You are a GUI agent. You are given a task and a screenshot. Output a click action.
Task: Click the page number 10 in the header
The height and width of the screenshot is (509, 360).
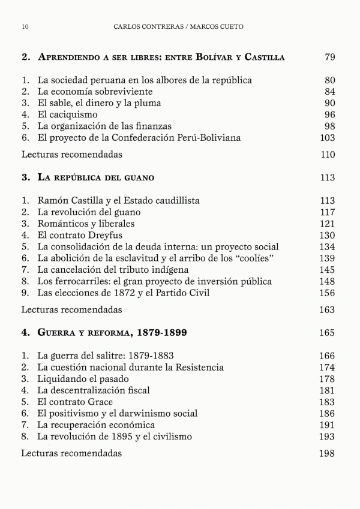[25, 27]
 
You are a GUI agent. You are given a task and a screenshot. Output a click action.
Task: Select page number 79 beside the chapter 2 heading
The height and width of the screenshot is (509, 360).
[329, 58]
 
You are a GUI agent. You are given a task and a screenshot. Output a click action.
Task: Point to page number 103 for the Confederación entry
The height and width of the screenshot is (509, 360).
[327, 138]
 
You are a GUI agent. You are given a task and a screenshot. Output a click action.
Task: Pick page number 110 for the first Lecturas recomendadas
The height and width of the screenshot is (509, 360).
[327, 155]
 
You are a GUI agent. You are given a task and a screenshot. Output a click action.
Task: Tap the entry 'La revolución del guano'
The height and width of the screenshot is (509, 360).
[89, 212]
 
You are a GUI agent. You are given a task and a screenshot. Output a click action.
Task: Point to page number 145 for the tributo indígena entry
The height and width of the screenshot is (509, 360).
[327, 270]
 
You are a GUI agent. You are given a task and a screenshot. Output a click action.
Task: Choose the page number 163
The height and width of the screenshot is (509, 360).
[327, 310]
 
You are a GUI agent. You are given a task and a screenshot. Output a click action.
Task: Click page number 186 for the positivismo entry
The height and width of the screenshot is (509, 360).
[327, 413]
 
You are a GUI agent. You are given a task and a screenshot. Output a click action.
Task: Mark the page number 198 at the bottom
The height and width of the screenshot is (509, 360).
[327, 453]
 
